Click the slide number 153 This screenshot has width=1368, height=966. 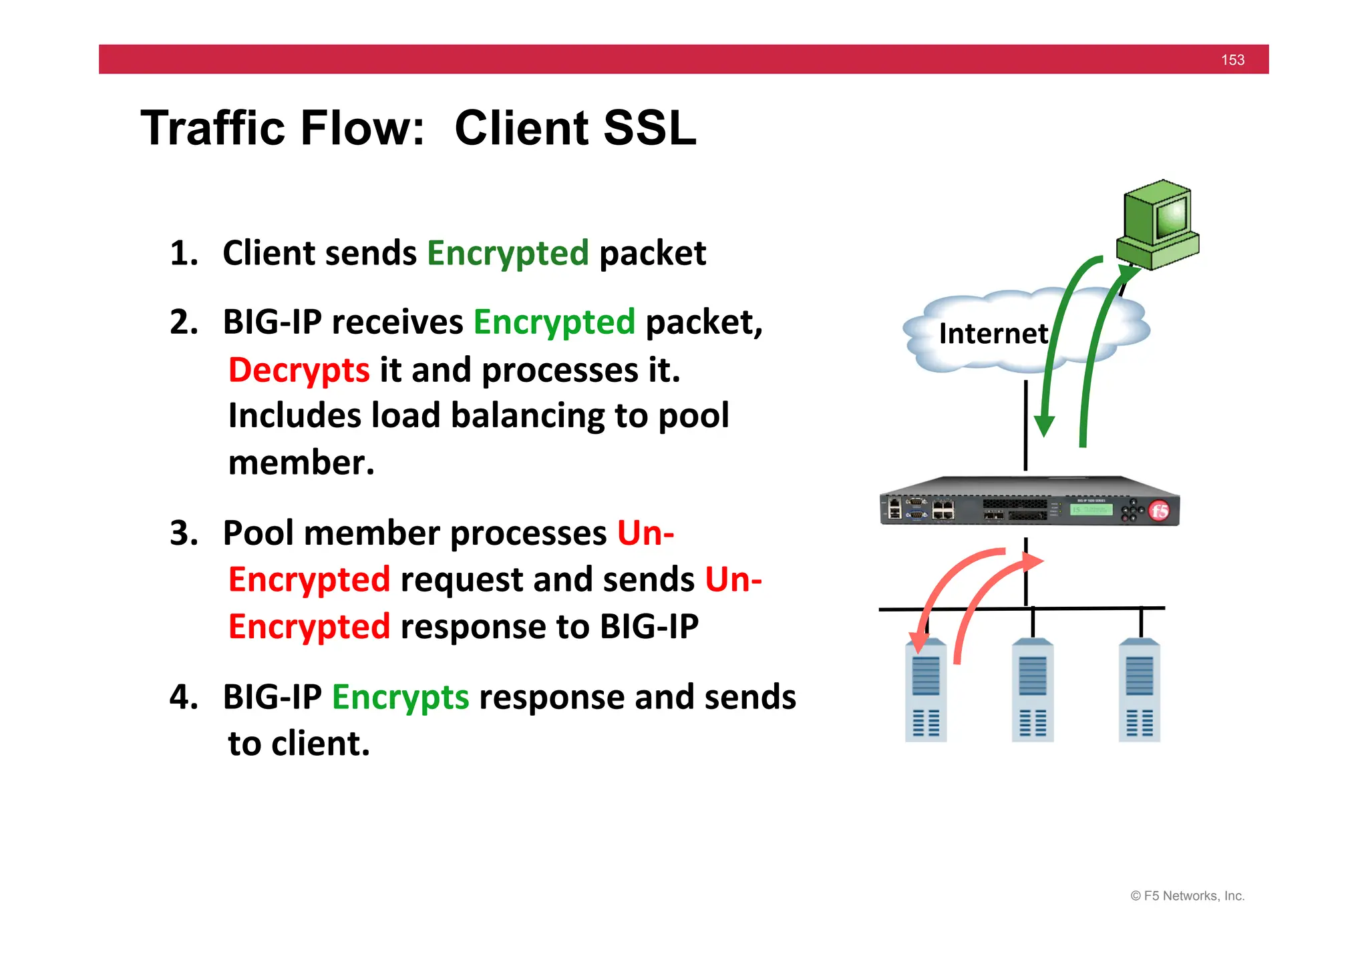(1232, 60)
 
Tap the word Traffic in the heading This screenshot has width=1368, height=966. (215, 128)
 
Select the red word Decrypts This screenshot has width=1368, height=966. (299, 371)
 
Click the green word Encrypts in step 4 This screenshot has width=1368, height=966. (400, 698)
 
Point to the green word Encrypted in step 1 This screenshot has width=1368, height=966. (508, 254)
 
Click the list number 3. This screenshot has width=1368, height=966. (184, 533)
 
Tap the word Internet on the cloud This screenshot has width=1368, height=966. (993, 333)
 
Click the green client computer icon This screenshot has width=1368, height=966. (1159, 224)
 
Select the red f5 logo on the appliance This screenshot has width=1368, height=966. (1160, 511)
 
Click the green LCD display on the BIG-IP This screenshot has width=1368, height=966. (1091, 509)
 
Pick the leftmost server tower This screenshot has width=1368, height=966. (926, 691)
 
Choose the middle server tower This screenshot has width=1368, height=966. (1033, 691)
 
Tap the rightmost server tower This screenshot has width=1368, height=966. (1140, 691)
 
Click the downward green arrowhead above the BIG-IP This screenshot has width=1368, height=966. (1044, 425)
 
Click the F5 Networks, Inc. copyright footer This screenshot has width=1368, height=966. (1187, 896)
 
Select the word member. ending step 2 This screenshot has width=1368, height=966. (301, 463)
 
